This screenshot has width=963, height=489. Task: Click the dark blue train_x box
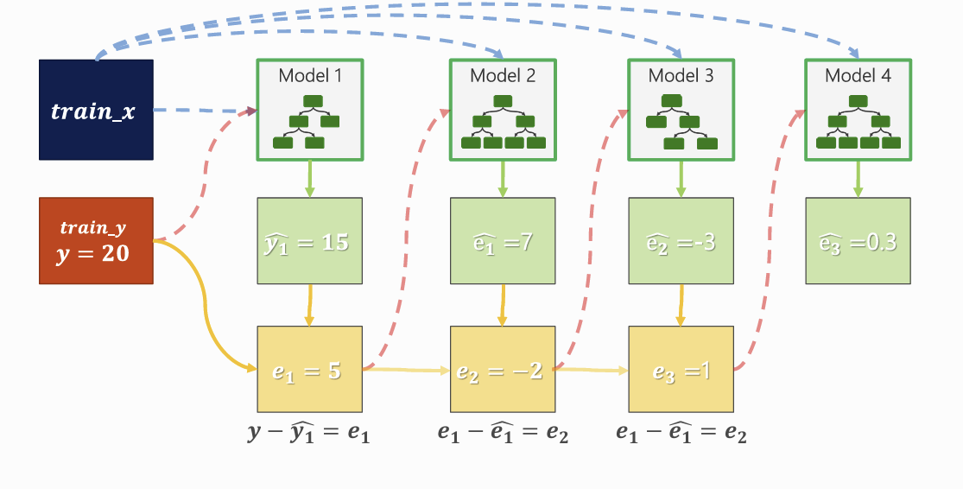[x=96, y=110]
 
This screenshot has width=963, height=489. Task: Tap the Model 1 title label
[x=310, y=76]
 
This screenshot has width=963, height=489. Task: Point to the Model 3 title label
[x=681, y=76]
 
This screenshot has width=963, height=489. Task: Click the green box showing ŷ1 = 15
[x=310, y=241]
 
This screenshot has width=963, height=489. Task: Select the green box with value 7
[x=503, y=241]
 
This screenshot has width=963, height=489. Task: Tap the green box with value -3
[x=681, y=241]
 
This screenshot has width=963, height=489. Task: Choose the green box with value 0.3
[x=857, y=241]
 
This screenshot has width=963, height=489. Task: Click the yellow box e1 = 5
[x=310, y=370]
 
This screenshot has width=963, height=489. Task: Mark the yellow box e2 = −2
[x=503, y=370]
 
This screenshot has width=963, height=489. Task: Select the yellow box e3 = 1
[x=681, y=370]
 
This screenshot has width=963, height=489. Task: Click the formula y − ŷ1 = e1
[x=308, y=432]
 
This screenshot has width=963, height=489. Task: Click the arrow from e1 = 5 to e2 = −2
[x=407, y=370]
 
